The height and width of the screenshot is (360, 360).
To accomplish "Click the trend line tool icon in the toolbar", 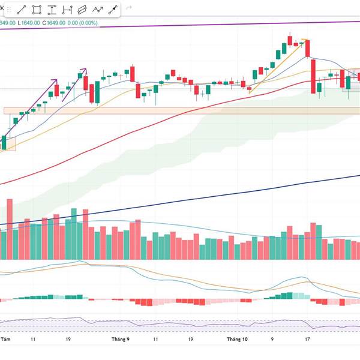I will [21, 10].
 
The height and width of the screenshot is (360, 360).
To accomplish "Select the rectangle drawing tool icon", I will [37, 10].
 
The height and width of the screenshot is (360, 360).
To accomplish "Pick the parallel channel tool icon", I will [82, 10].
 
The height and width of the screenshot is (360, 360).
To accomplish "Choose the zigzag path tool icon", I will [97, 10].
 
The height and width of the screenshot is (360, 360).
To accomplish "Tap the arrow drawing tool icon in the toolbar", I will [112, 10].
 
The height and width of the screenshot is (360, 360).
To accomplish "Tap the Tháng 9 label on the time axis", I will [120, 339].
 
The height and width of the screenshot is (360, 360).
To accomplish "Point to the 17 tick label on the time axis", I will [307, 339].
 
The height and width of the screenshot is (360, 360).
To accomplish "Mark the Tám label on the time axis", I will [5, 339].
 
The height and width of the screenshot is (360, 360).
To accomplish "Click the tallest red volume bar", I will [8, 229].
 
